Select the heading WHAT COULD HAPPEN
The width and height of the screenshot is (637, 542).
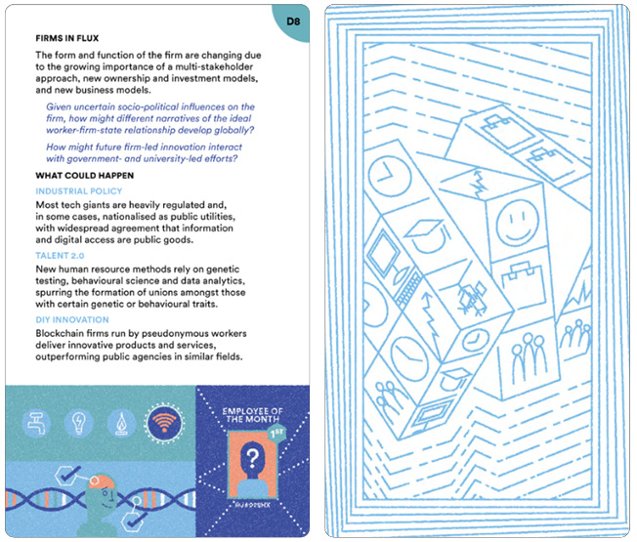point(84,175)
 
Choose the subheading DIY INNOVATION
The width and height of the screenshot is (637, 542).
point(72,319)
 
